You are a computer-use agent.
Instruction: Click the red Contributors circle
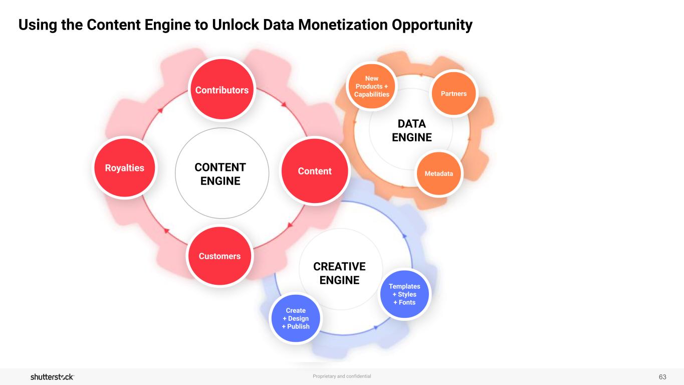(x=222, y=90)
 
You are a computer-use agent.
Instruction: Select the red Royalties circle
(x=125, y=168)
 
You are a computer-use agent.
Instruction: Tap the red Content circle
(x=315, y=171)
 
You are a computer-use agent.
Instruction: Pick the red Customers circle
(x=219, y=256)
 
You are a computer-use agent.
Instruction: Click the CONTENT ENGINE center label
(x=220, y=174)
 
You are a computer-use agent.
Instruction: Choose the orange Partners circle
(x=454, y=94)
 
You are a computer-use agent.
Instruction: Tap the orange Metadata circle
(x=439, y=173)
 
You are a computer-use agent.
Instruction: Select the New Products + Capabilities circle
(x=371, y=87)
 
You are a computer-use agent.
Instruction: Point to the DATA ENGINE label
(x=411, y=130)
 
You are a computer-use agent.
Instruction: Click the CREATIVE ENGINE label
(x=339, y=273)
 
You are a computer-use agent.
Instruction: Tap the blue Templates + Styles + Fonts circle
(x=404, y=294)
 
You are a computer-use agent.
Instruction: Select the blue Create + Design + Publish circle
(x=296, y=318)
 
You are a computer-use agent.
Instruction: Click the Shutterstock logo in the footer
(x=52, y=376)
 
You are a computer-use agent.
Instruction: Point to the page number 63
(x=662, y=376)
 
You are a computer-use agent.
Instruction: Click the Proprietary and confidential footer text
(x=342, y=376)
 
